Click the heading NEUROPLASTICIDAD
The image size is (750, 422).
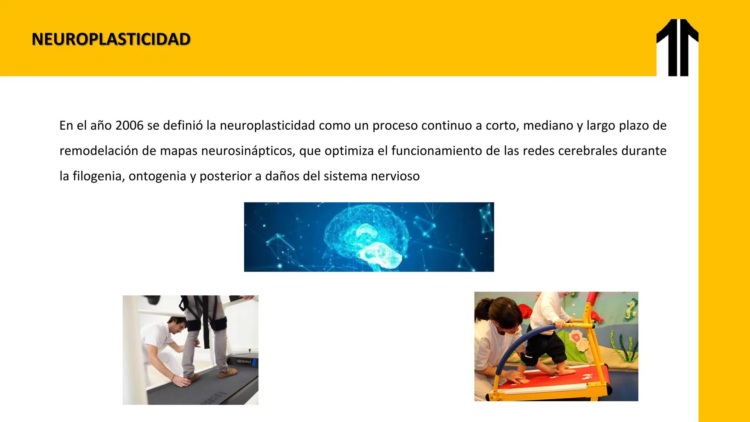111,39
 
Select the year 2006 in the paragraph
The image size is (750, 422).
130,126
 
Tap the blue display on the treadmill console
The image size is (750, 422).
254,361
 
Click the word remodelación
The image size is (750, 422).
98,151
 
